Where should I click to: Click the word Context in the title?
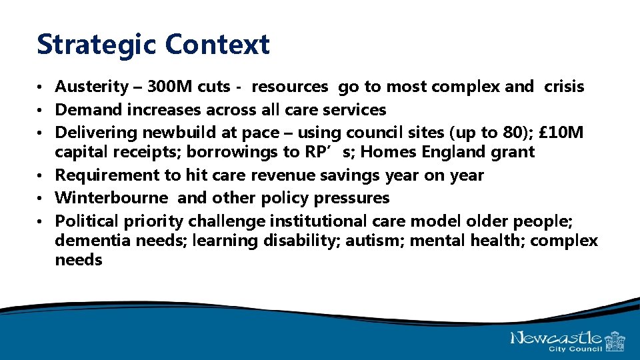coord(217,45)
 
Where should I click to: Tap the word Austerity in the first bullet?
coord(91,87)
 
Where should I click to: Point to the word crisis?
coord(564,87)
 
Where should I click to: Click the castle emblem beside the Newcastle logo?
coord(614,341)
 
